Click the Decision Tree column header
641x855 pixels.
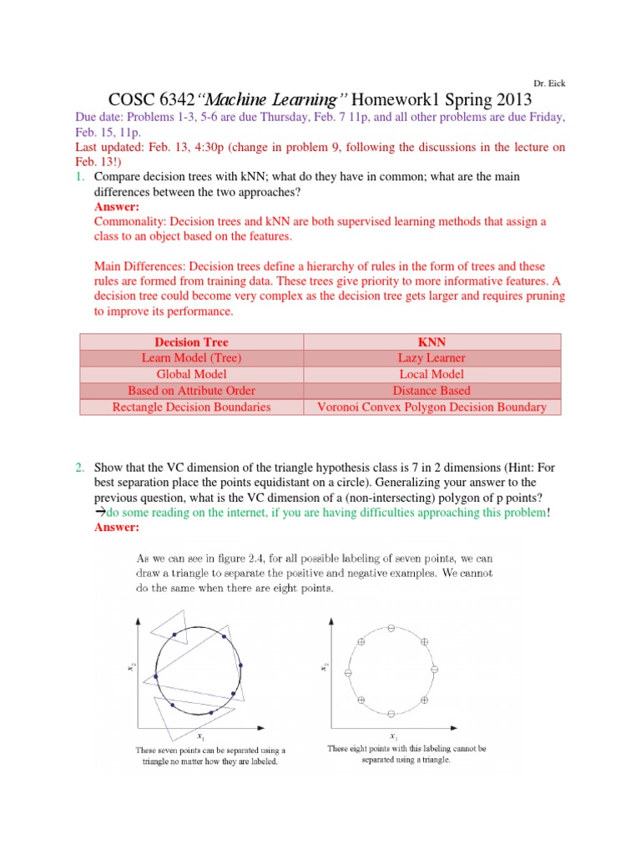tap(191, 342)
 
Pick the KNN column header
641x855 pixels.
tap(432, 342)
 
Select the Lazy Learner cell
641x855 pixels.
tap(432, 358)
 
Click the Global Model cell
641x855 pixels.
tap(191, 374)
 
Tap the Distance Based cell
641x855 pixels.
tap(432, 390)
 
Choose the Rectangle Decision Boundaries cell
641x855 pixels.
tap(191, 407)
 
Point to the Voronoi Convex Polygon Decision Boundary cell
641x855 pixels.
tap(432, 407)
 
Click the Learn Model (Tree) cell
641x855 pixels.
tap(191, 358)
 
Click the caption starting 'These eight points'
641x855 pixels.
tap(407, 755)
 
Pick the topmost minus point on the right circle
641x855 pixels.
tap(391, 627)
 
